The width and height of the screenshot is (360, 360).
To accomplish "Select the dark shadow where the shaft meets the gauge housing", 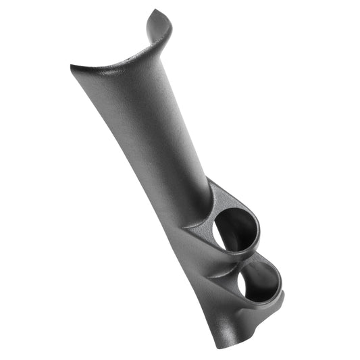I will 203,203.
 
